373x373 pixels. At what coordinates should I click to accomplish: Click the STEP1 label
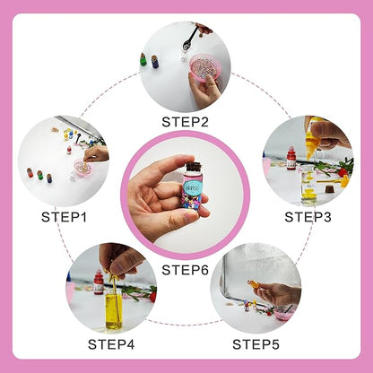pyautogui.click(x=64, y=215)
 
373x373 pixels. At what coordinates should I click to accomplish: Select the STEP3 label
pyautogui.click(x=308, y=215)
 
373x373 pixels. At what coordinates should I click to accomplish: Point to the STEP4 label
pyautogui.click(x=111, y=343)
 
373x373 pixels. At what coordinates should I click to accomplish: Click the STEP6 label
pyautogui.click(x=186, y=269)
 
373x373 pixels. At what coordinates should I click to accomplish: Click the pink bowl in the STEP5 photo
pyautogui.click(x=283, y=315)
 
